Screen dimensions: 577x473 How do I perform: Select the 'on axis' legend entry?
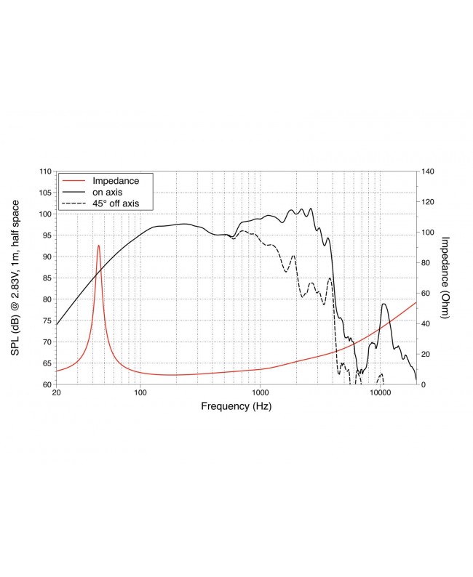(x=108, y=192)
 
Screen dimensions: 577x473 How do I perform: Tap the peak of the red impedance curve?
(x=99, y=246)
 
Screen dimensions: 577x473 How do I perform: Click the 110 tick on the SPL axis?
(x=45, y=172)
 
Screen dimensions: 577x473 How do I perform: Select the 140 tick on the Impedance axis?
(x=427, y=172)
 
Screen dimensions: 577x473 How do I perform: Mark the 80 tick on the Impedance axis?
(x=425, y=262)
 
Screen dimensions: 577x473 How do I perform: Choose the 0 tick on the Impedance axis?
(x=423, y=384)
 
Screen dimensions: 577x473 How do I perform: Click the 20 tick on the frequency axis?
(x=57, y=393)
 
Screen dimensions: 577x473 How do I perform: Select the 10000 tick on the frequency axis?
(x=379, y=393)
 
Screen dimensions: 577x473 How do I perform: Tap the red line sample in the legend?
(x=73, y=180)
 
